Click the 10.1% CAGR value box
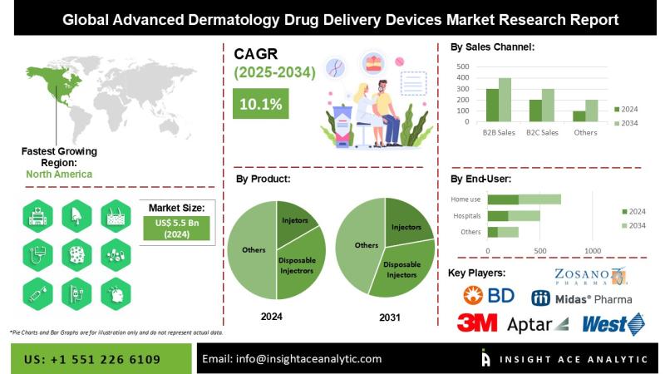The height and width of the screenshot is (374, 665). pyautogui.click(x=260, y=104)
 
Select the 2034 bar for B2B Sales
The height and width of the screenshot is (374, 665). pyautogui.click(x=505, y=100)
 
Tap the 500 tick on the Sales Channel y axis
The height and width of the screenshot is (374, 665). pyautogui.click(x=463, y=66)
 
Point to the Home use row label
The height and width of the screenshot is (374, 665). pyautogui.click(x=465, y=199)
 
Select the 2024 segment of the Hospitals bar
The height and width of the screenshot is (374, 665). pyautogui.click(x=497, y=215)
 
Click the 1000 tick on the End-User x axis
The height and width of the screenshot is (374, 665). pyautogui.click(x=593, y=250)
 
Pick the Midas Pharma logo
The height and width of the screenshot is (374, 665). pyautogui.click(x=581, y=298)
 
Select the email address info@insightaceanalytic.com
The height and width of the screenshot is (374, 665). pyautogui.click(x=291, y=359)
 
